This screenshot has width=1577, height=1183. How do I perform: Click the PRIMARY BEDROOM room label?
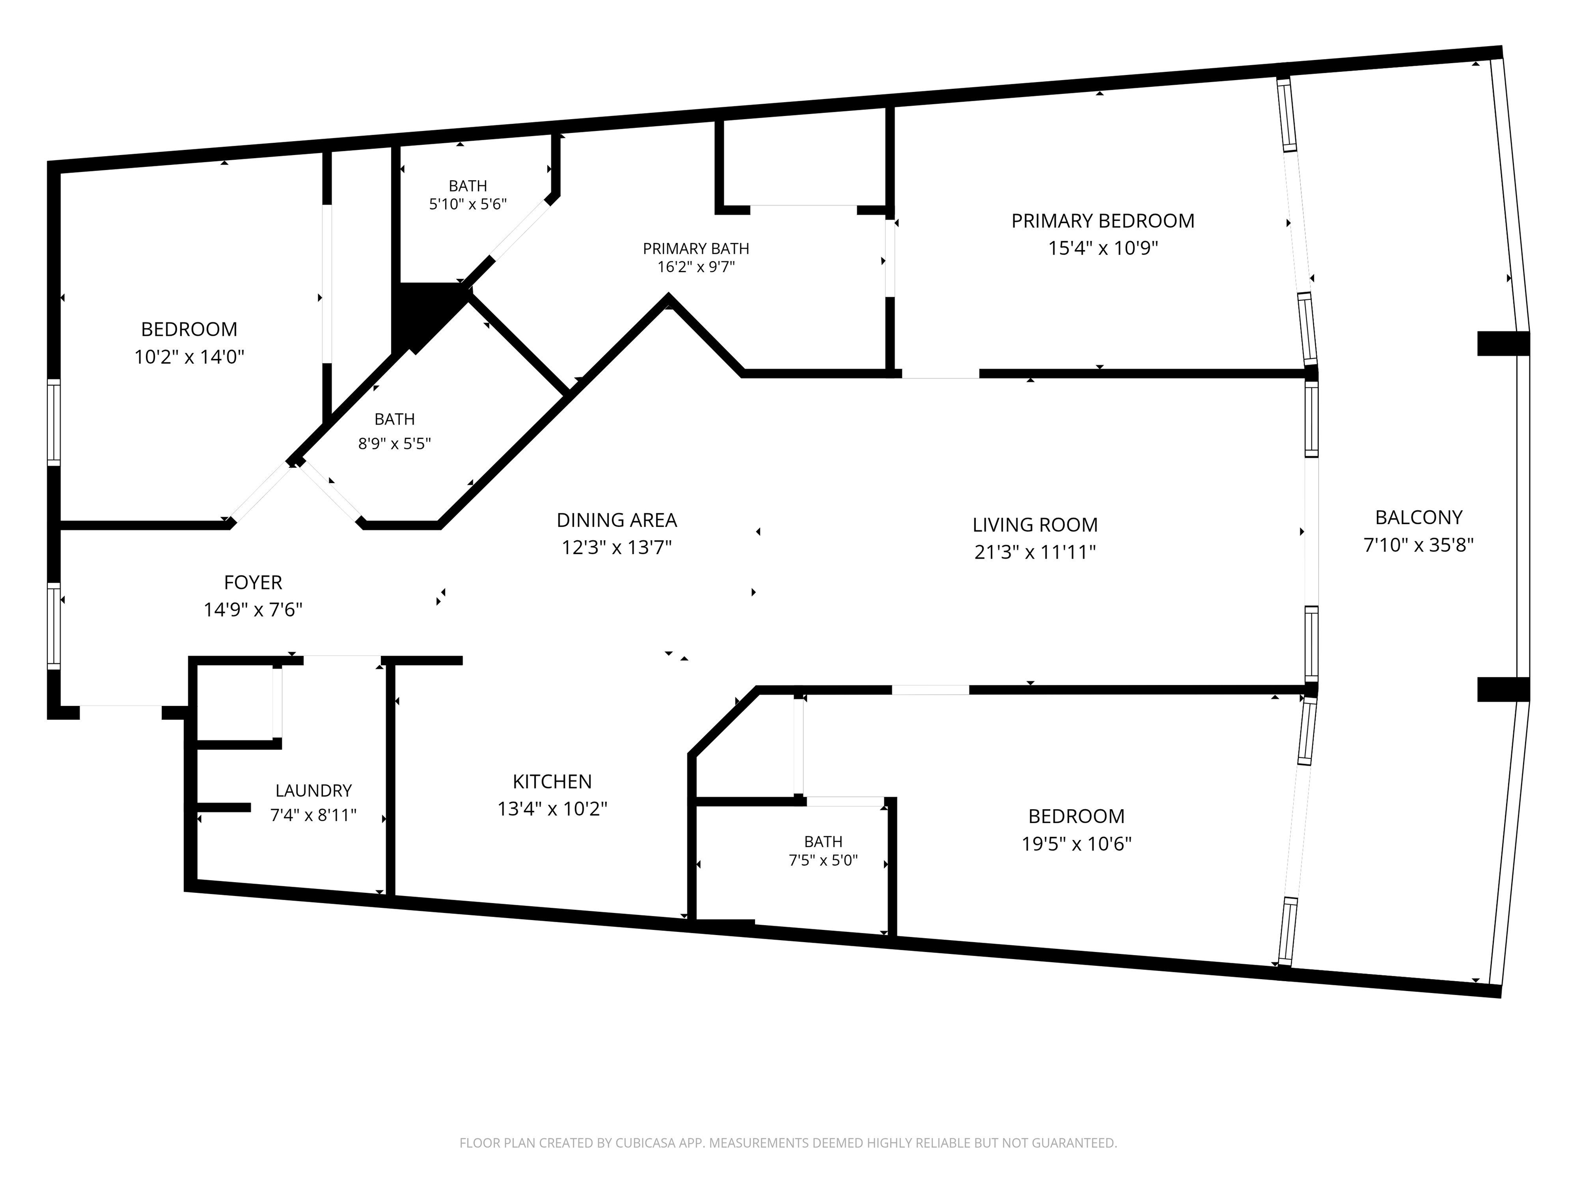tap(1102, 221)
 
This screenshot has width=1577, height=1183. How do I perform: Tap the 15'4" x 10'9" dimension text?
tap(1103, 248)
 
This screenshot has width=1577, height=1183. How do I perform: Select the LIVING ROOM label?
tap(1035, 525)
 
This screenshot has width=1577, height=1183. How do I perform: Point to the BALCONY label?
tap(1419, 517)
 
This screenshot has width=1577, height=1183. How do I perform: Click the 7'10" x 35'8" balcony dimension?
tap(1419, 545)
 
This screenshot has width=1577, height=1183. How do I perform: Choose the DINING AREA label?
tap(617, 520)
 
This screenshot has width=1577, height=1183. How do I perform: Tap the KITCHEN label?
tap(552, 781)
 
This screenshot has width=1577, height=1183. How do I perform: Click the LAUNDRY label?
tap(314, 791)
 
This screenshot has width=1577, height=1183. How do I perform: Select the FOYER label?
tap(253, 583)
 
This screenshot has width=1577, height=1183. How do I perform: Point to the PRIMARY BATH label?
tap(696, 249)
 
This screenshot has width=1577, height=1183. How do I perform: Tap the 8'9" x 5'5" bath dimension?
tap(394, 444)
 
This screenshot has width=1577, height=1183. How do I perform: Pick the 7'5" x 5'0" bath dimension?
tap(823, 861)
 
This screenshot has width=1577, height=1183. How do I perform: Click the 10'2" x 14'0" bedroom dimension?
tap(189, 356)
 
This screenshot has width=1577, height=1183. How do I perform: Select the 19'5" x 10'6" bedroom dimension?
tap(1076, 844)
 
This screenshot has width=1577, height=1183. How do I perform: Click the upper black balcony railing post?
tap(1503, 344)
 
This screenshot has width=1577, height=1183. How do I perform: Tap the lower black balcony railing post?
tap(1503, 690)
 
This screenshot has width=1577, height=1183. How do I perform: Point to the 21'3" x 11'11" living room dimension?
tap(1035, 552)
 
